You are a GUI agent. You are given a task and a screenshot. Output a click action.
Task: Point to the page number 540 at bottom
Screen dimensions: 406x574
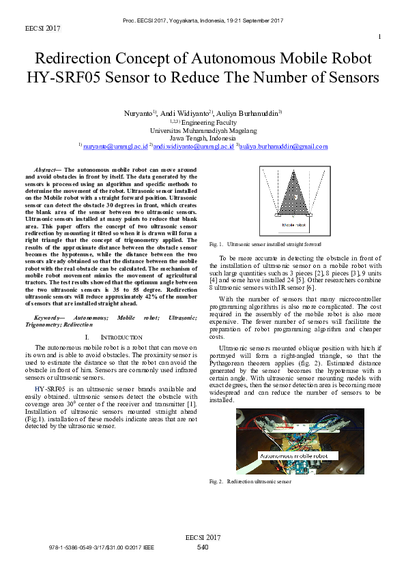[203, 547]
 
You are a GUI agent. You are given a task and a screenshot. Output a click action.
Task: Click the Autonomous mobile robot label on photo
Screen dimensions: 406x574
[294, 455]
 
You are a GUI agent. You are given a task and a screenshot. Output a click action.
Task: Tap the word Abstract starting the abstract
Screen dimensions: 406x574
[46, 168]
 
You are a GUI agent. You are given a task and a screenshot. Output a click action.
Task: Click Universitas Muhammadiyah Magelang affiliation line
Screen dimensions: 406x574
[203, 130]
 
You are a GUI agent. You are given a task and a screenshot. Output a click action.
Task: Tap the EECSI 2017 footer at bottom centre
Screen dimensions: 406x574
[203, 539]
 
